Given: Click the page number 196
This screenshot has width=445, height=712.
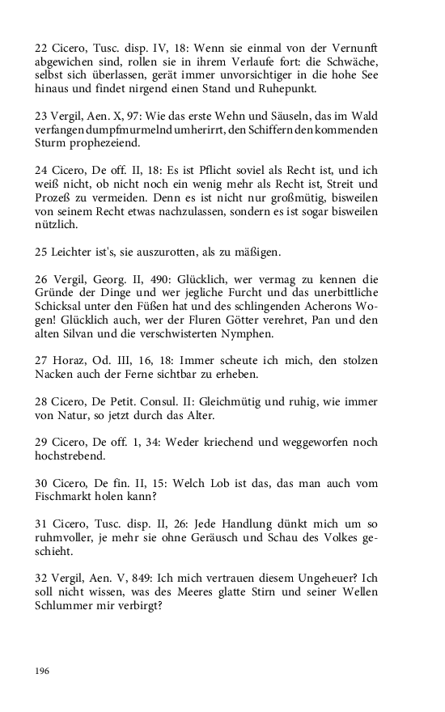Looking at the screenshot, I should click(42, 671).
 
